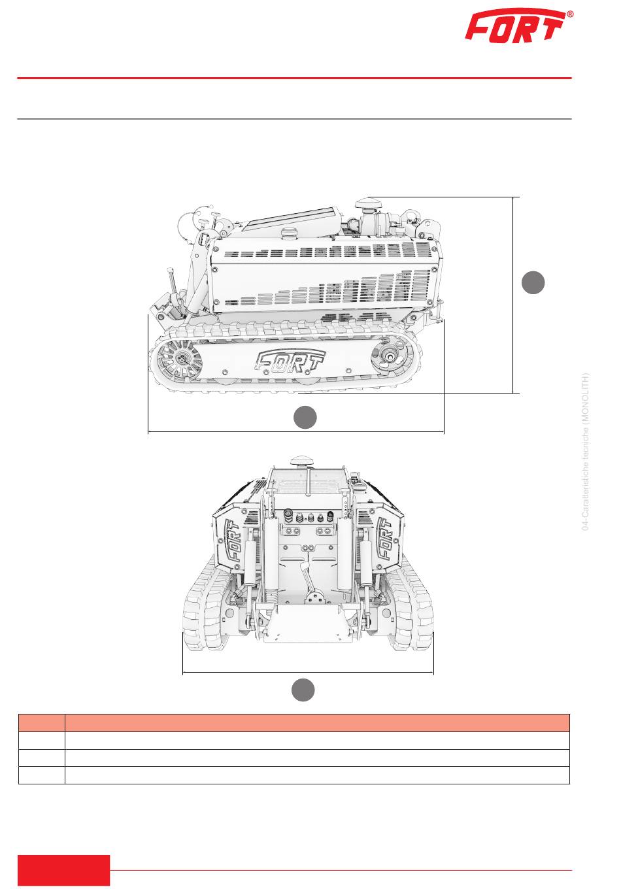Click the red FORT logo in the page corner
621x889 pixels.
tap(515, 25)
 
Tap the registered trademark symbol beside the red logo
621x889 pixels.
tap(570, 14)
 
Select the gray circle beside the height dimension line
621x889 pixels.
tap(533, 282)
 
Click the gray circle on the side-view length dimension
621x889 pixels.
tap(305, 417)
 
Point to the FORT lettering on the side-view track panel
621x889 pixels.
tap(290, 361)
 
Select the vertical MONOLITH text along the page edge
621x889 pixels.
tap(585, 452)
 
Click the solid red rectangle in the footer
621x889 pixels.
tap(63, 869)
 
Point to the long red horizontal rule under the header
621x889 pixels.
tap(294, 78)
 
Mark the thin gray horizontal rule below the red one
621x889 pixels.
tap(294, 119)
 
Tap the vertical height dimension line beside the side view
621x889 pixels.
tap(512, 295)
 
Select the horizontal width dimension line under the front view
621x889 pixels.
tap(308, 672)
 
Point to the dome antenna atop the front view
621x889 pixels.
tap(302, 461)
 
